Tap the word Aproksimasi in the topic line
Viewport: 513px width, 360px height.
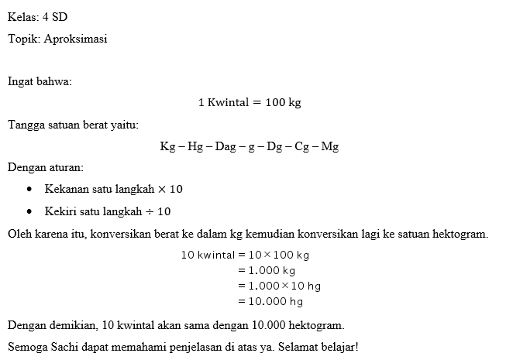pyautogui.click(x=76, y=39)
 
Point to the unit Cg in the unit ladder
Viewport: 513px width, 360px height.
pyautogui.click(x=302, y=146)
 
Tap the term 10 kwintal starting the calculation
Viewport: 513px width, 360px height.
pyautogui.click(x=207, y=254)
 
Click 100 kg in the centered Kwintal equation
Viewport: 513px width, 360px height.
pyautogui.click(x=283, y=103)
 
